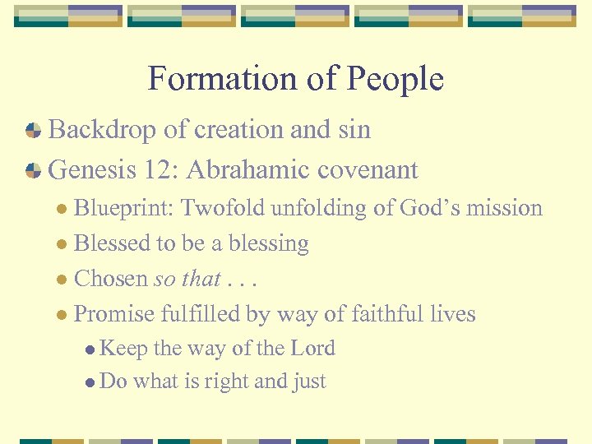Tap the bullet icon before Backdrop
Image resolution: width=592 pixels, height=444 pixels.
click(x=33, y=130)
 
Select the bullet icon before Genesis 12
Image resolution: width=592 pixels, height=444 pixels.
click(x=33, y=170)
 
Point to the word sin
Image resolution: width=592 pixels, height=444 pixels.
click(x=354, y=130)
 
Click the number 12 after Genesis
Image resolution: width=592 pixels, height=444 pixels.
click(x=161, y=170)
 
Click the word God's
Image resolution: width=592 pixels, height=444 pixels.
click(x=431, y=208)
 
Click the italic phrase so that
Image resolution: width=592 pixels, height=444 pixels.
click(x=187, y=279)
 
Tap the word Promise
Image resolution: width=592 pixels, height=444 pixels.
click(x=114, y=314)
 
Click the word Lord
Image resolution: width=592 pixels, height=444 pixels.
click(x=312, y=349)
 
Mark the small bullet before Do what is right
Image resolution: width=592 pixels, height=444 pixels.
click(x=90, y=382)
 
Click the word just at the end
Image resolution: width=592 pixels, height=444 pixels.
click(x=308, y=382)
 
